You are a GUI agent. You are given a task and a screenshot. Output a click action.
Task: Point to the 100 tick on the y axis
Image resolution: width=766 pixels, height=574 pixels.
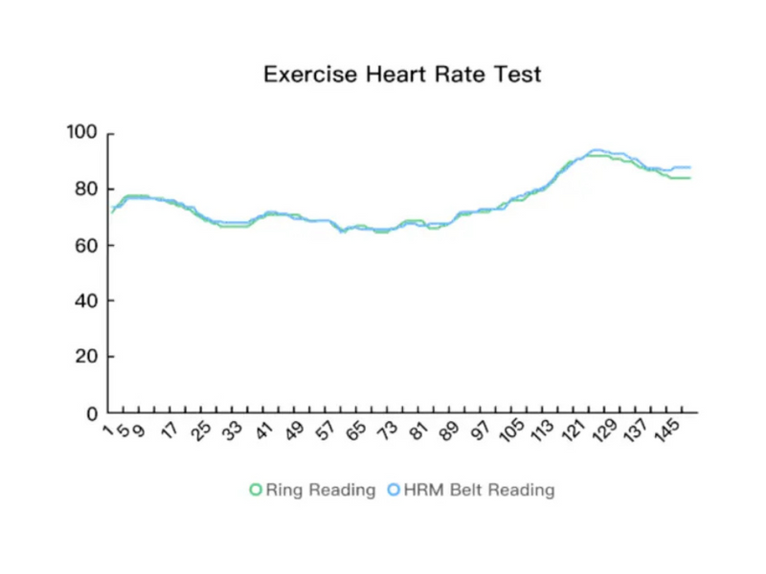point(82,133)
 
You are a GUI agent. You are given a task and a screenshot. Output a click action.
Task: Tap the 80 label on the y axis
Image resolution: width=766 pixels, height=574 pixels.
point(87,189)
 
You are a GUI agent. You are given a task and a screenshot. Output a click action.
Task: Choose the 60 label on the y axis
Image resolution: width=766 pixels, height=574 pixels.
point(87,245)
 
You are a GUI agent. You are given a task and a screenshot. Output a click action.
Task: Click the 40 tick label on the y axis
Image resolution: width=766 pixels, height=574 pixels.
point(87,301)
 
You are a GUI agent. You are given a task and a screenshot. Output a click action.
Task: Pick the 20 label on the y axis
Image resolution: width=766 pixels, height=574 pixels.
point(87,357)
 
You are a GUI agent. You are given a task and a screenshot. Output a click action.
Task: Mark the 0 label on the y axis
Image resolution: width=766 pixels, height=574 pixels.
point(93,414)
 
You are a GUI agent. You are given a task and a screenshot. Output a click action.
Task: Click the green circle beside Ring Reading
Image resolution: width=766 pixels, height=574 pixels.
point(256,490)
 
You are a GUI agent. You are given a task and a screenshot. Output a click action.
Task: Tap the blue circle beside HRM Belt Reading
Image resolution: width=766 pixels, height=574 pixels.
point(394,490)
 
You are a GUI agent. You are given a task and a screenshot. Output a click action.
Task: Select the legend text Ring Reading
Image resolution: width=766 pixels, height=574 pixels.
point(320,490)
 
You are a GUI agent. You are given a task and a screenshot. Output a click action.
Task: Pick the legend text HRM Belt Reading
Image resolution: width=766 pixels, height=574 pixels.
point(479,490)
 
